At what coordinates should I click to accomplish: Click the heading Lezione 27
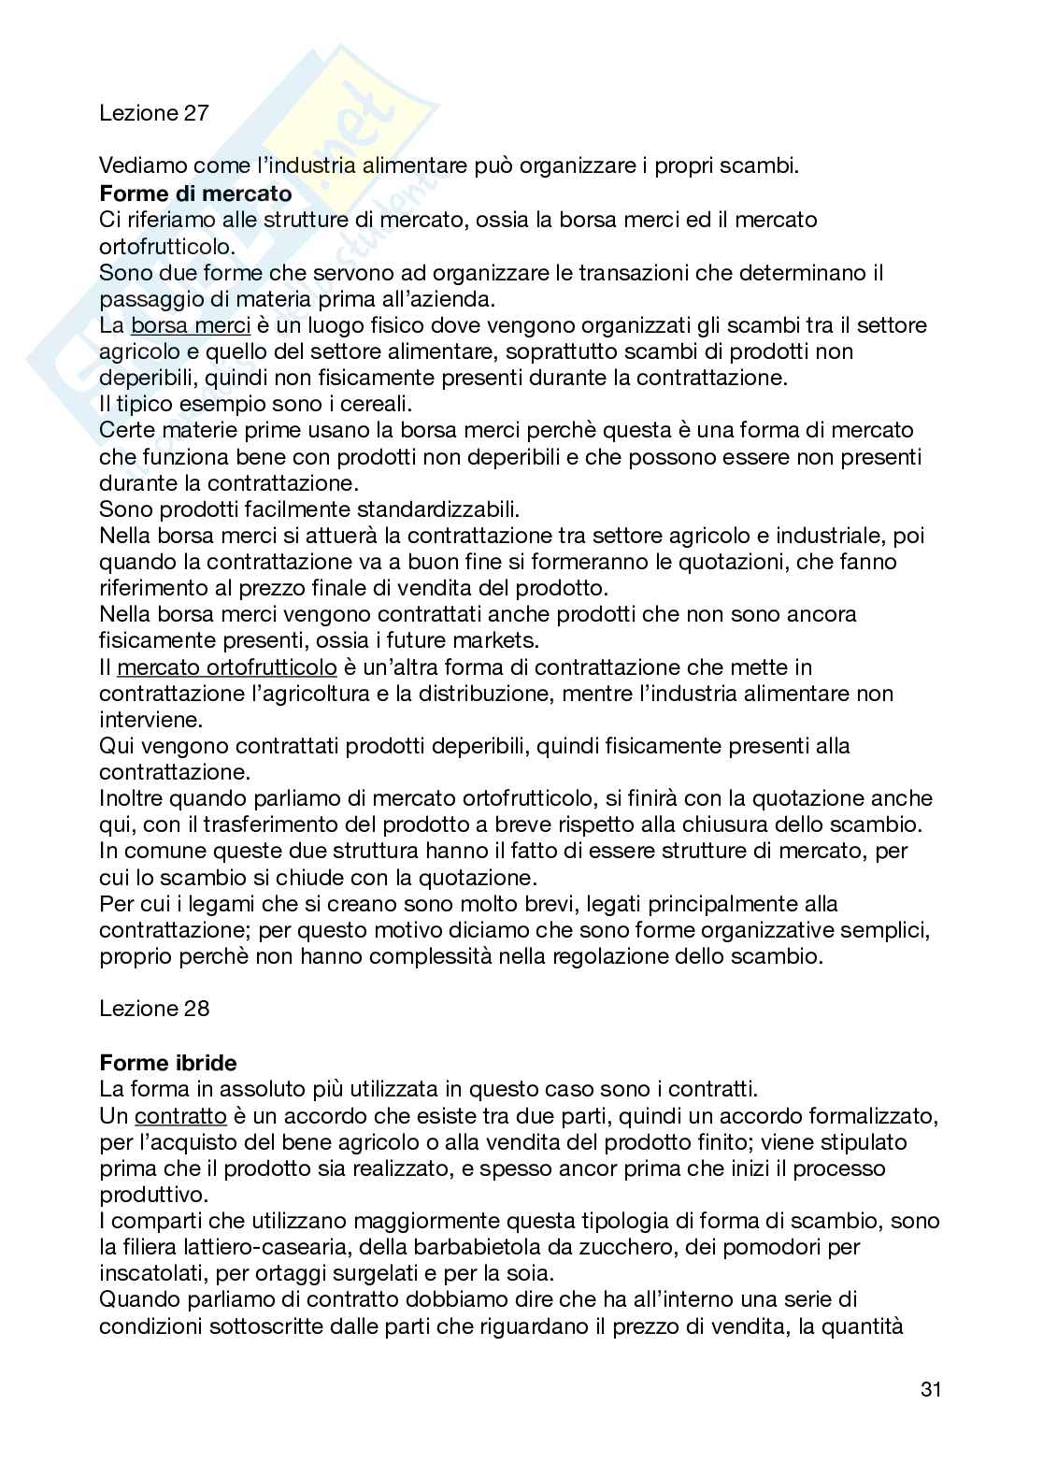tap(154, 113)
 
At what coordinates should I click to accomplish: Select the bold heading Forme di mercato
tap(195, 193)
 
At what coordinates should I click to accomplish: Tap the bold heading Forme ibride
tap(168, 1063)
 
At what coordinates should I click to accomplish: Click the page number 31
tap(930, 1389)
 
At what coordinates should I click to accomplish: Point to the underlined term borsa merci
tap(191, 325)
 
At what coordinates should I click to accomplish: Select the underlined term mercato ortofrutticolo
tap(227, 667)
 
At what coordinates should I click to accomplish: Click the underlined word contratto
tap(180, 1115)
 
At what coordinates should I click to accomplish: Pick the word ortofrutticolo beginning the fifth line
tap(165, 246)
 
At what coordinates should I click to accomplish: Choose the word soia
tap(531, 1273)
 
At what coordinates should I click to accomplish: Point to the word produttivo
tap(146, 1195)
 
